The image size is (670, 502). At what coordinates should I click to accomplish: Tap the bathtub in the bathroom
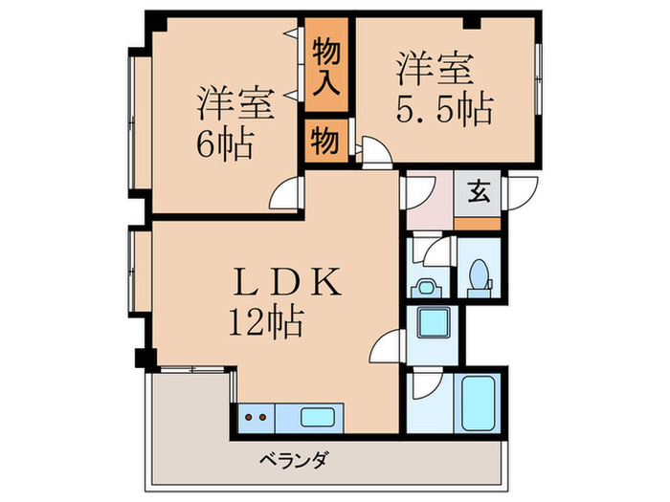[479, 404]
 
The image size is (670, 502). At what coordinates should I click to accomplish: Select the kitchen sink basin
[318, 417]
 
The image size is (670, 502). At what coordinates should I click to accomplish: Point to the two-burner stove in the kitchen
[254, 418]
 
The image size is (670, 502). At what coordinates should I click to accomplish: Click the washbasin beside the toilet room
[426, 286]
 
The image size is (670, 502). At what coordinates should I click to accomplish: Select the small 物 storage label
[324, 142]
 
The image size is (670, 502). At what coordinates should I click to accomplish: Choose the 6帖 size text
[226, 144]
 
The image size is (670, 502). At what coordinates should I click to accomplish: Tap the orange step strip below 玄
[477, 223]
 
